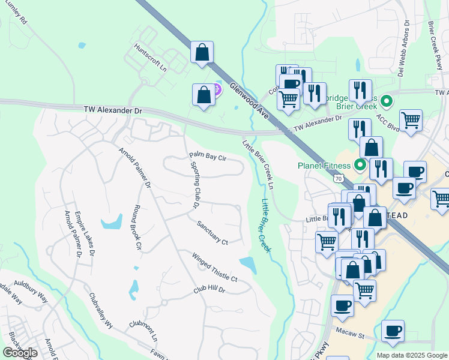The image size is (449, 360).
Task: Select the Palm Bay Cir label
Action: pos(207,157)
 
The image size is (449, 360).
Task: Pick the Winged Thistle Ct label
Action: pos(215,268)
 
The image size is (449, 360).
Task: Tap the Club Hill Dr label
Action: pos(209,289)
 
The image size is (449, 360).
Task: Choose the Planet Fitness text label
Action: pos(325,165)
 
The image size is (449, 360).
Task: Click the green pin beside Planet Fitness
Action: pos(361,163)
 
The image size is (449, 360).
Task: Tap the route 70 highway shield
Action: pos(339,178)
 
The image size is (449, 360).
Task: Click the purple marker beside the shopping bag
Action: pos(217,90)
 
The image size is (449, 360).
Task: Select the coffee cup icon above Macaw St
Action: pos(393,330)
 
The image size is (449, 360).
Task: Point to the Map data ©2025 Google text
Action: pos(412,355)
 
